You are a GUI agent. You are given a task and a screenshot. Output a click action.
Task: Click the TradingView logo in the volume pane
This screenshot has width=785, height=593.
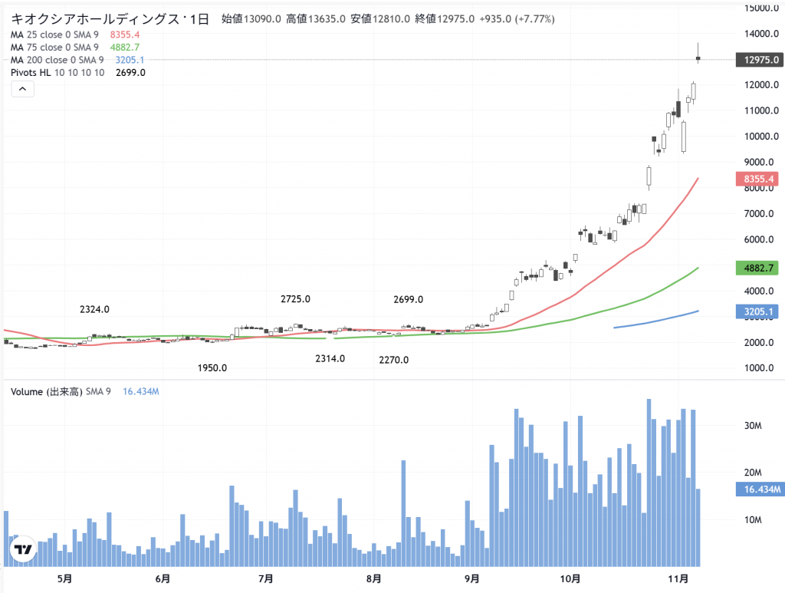23,549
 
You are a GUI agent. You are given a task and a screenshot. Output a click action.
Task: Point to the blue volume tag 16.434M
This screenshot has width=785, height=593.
758,489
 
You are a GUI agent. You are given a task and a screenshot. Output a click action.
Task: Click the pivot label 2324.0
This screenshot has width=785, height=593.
94,310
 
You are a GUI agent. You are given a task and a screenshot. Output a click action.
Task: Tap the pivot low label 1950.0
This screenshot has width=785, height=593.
212,368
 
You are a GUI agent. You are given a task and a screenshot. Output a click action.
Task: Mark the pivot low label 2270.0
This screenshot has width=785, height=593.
393,359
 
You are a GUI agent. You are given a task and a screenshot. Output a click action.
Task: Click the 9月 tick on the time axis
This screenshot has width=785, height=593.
472,578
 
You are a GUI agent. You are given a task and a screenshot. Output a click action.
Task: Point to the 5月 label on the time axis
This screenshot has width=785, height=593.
64,578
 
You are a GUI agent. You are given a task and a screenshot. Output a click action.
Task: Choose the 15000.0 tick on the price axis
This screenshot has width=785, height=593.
757,8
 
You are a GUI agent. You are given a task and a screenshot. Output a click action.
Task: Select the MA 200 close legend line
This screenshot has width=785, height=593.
57,60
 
